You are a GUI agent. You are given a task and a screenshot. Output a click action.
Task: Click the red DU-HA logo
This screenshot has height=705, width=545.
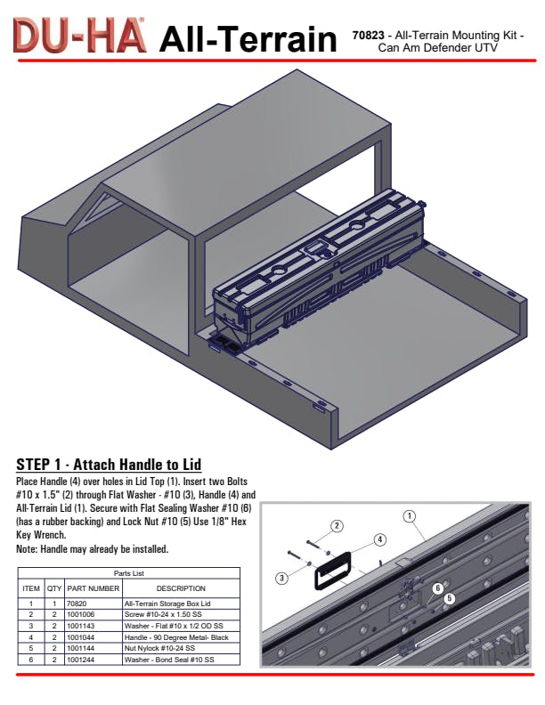click(x=79, y=35)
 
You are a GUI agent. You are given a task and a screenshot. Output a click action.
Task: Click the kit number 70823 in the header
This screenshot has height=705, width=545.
click(x=368, y=35)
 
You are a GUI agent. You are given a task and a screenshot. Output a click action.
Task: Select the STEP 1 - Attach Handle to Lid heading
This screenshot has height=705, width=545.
click(x=109, y=464)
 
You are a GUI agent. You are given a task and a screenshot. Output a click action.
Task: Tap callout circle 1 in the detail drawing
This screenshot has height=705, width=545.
click(x=410, y=516)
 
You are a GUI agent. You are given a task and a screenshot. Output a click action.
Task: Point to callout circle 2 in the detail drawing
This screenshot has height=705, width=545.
click(x=337, y=526)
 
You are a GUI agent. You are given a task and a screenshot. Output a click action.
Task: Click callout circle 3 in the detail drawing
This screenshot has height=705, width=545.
click(x=281, y=578)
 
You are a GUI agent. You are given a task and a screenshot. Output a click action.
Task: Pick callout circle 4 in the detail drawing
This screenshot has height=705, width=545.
click(x=380, y=539)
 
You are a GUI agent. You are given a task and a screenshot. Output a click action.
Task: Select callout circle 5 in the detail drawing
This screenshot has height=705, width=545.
click(x=449, y=598)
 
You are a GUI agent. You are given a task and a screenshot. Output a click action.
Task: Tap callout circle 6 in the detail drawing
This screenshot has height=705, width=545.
click(x=437, y=588)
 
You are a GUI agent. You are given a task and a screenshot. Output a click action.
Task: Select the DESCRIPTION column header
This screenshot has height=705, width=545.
click(x=181, y=588)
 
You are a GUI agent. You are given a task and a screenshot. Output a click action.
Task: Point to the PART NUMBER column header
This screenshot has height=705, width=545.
click(x=94, y=588)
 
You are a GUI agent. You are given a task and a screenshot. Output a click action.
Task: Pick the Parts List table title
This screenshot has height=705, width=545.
click(x=128, y=573)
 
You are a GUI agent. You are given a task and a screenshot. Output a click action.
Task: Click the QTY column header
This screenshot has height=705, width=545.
click(x=54, y=588)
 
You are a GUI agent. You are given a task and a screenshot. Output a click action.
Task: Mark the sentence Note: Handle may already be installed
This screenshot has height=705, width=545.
click(x=93, y=549)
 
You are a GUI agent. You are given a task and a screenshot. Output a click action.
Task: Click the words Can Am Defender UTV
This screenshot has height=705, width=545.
click(x=437, y=48)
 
